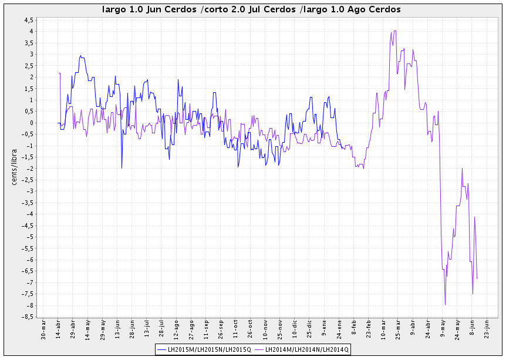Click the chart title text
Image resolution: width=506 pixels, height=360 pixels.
tap(251, 9)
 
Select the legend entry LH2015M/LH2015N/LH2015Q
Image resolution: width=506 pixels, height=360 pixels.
tap(204, 349)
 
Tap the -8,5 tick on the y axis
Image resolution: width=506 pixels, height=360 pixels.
tap(27, 317)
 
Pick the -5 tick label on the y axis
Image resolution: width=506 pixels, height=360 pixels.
tap(29, 237)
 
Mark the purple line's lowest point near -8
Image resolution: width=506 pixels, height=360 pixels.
tap(445, 304)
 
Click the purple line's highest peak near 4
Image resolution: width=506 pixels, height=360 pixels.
tap(395, 31)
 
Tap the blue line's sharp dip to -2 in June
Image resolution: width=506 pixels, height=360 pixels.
tap(122, 168)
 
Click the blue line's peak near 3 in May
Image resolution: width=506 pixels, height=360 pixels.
tap(81, 55)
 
